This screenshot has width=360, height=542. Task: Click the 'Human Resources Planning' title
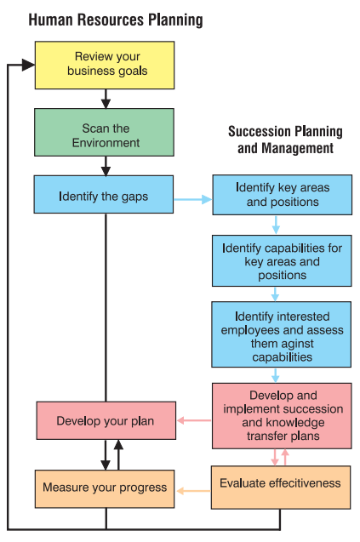pos(116,20)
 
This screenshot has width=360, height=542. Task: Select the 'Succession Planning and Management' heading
pos(285,140)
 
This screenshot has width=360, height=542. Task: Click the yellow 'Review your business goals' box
pos(105,66)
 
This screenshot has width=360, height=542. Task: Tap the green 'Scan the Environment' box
pos(104,133)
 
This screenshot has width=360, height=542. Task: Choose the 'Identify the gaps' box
pos(103,194)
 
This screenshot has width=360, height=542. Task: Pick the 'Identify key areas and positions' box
pos(283,195)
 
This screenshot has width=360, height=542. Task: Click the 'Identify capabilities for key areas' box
pos(282,261)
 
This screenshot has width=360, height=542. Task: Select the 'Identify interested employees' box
pos(282,334)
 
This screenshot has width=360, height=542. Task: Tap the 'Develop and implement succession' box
pos(282,416)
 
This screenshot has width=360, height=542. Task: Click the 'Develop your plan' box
pos(106,420)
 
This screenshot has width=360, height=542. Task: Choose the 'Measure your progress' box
pos(105,488)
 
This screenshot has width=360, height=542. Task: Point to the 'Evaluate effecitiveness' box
pos(281,488)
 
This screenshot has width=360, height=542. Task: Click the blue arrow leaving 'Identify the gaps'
pos(192,199)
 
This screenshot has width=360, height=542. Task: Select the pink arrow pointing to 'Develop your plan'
pos(194,420)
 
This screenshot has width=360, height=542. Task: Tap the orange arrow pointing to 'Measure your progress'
pos(193,491)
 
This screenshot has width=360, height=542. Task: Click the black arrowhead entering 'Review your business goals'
pos(28,65)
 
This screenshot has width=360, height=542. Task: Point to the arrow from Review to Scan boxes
pos(106,99)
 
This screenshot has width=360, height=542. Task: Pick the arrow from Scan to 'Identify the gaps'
pos(106,166)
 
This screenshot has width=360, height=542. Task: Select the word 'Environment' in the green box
pos(106,143)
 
